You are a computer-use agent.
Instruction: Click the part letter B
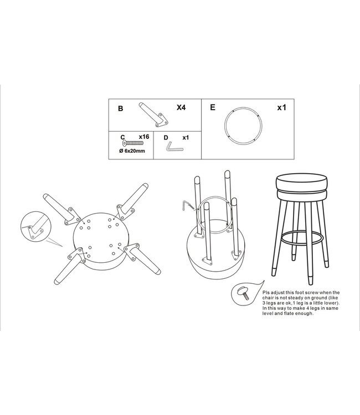tap(121, 108)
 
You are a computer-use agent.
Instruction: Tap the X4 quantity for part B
tap(181, 107)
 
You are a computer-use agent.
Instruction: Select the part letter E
tap(213, 107)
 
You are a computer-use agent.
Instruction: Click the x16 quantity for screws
tap(144, 137)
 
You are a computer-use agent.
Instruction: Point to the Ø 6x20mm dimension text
tap(132, 151)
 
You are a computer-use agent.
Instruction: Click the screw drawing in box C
tap(133, 143)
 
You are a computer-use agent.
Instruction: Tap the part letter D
tap(166, 138)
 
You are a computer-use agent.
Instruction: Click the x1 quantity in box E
tap(281, 108)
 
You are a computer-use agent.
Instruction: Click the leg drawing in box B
tap(153, 115)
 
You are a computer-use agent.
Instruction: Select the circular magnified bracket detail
tap(36, 226)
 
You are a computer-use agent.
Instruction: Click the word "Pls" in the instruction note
tap(266, 293)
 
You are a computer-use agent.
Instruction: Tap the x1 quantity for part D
tap(186, 138)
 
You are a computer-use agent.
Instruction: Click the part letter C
tap(122, 137)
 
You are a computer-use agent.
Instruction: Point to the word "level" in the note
tap(268, 314)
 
